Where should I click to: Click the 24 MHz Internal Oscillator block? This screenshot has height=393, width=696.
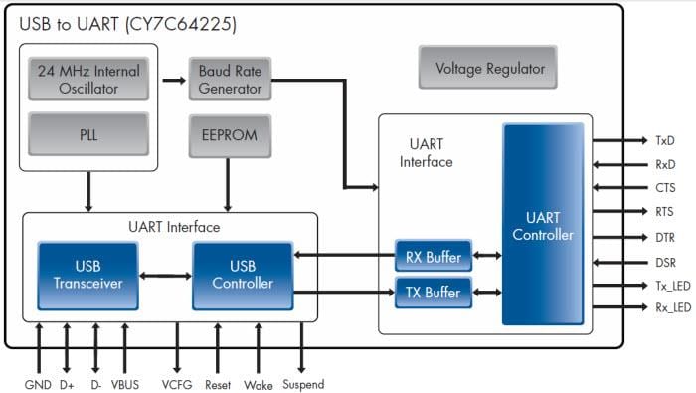click(88, 80)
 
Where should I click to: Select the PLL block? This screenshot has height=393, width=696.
click(88, 134)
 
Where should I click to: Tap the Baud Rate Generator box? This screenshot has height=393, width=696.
click(231, 80)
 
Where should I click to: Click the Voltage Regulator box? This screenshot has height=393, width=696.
click(490, 69)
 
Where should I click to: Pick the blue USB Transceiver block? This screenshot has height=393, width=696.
click(87, 275)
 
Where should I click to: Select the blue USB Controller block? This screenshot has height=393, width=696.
click(243, 275)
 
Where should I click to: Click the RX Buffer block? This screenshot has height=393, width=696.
click(433, 258)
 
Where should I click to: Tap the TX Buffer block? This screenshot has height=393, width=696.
click(433, 293)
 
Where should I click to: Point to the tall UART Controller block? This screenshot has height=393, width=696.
click(542, 225)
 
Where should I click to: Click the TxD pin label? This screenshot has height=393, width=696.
click(665, 140)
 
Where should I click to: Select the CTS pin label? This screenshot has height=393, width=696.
click(665, 188)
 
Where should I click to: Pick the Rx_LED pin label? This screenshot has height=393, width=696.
click(672, 308)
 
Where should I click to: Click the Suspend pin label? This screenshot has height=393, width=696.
click(302, 384)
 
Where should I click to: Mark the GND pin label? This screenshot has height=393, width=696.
click(38, 384)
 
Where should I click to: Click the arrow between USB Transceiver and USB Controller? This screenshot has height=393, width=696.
click(165, 276)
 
